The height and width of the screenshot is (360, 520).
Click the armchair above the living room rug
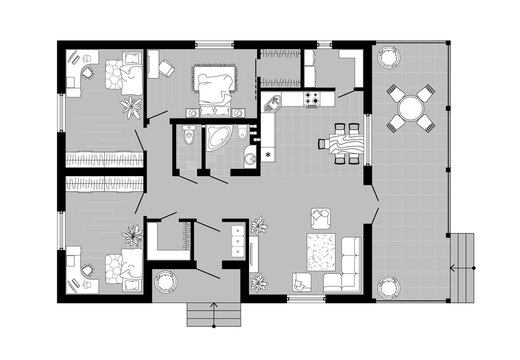pos(321,215)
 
